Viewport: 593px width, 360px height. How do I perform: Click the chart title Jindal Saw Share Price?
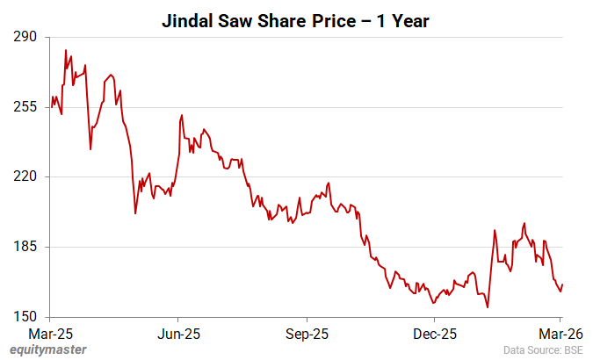tap(295, 21)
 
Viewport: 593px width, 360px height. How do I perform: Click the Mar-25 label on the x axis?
tap(50, 334)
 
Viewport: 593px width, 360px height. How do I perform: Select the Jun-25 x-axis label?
tap(178, 334)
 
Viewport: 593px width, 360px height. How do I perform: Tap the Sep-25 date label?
tap(307, 334)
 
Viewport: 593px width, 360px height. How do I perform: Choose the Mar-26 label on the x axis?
tap(561, 334)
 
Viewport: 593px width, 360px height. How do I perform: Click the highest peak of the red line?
tap(66, 50)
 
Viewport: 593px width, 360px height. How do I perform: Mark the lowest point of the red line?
tap(487, 307)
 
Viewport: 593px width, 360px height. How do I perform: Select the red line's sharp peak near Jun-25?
tap(181, 115)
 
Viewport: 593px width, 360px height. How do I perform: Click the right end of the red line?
tap(562, 284)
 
